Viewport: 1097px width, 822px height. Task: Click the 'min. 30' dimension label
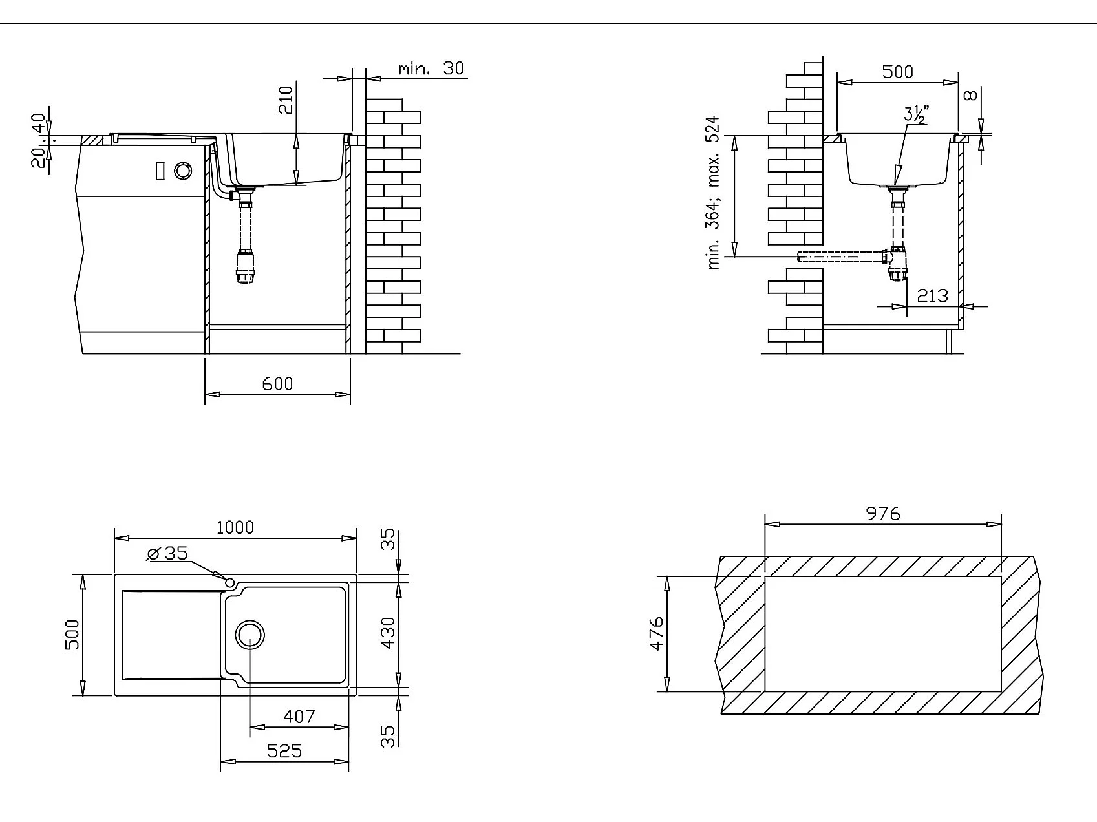pos(431,68)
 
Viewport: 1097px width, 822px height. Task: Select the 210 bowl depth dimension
pos(286,100)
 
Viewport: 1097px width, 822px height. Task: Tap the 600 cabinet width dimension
pos(277,384)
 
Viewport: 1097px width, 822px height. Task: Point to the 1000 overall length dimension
pos(235,527)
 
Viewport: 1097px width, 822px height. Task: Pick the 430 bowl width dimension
pos(387,633)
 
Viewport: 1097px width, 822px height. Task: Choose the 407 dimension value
pos(299,716)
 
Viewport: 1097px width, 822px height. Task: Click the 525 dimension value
pos(284,751)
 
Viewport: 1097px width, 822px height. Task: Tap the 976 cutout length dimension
pos(883,513)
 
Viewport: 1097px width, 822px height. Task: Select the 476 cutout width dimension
pos(655,633)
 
